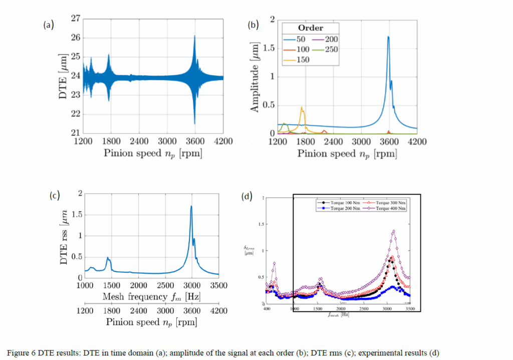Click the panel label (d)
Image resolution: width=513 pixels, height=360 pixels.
(x=246, y=197)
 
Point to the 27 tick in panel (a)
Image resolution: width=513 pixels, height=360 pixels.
(x=76, y=19)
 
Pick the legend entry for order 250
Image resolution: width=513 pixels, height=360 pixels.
(x=331, y=49)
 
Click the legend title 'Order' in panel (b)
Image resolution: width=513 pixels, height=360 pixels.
(x=311, y=28)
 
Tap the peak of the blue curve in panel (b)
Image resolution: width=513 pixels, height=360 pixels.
(x=388, y=37)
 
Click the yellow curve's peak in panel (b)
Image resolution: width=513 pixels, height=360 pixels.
(x=302, y=107)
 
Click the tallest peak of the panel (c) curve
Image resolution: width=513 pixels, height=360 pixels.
(x=191, y=206)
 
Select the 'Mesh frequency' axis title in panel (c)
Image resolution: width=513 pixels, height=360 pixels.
(x=151, y=297)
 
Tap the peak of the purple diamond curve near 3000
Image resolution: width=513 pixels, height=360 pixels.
(x=394, y=231)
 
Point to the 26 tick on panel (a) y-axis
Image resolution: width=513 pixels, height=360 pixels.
(x=76, y=38)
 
